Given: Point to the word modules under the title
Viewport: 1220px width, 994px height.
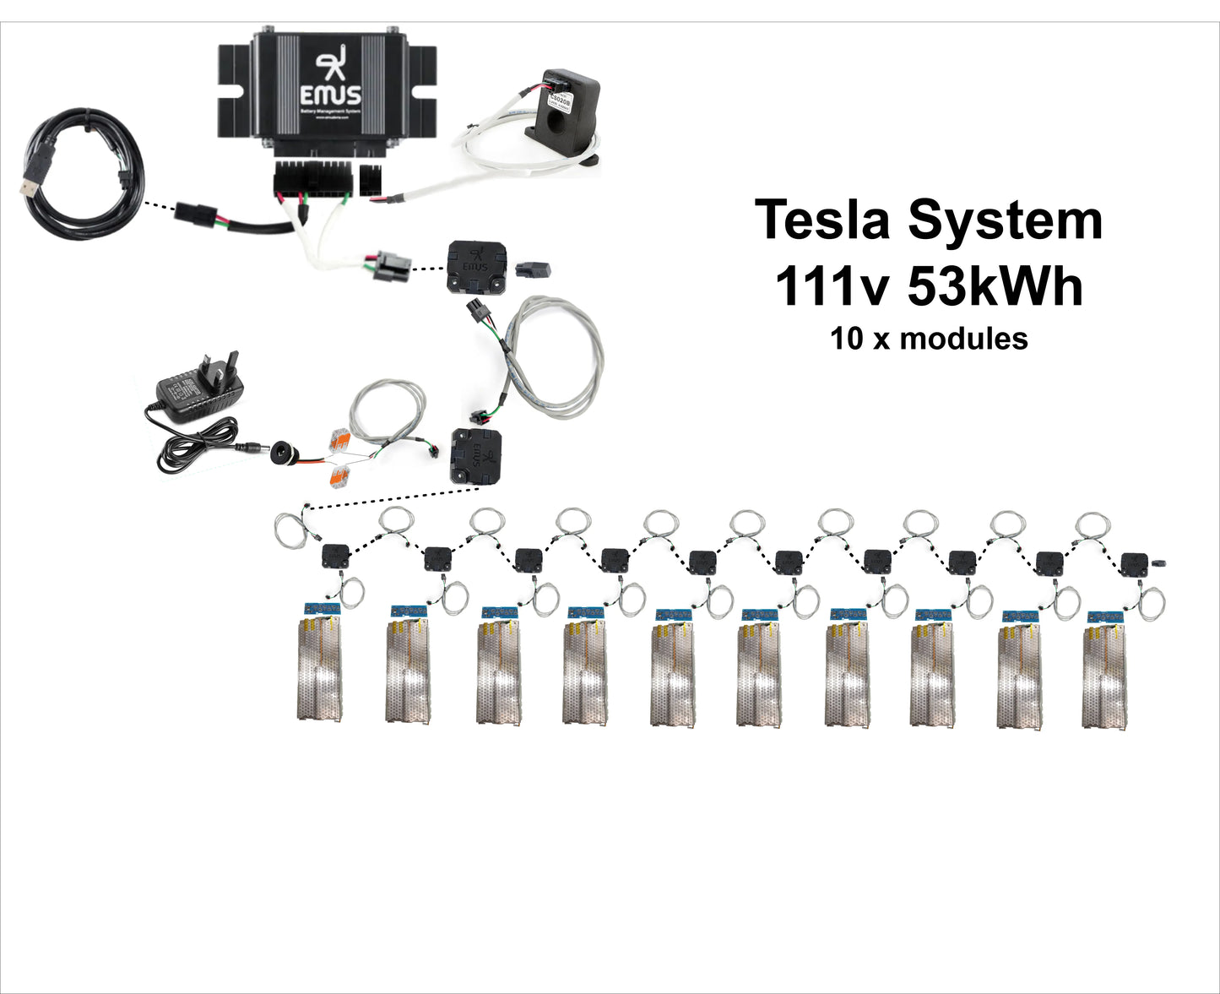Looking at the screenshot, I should [963, 339].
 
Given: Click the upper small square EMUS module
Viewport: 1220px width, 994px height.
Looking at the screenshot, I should [476, 266].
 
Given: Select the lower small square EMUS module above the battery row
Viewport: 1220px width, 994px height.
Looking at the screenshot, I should [476, 456].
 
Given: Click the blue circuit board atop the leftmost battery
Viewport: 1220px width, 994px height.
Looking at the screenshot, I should [323, 608].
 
